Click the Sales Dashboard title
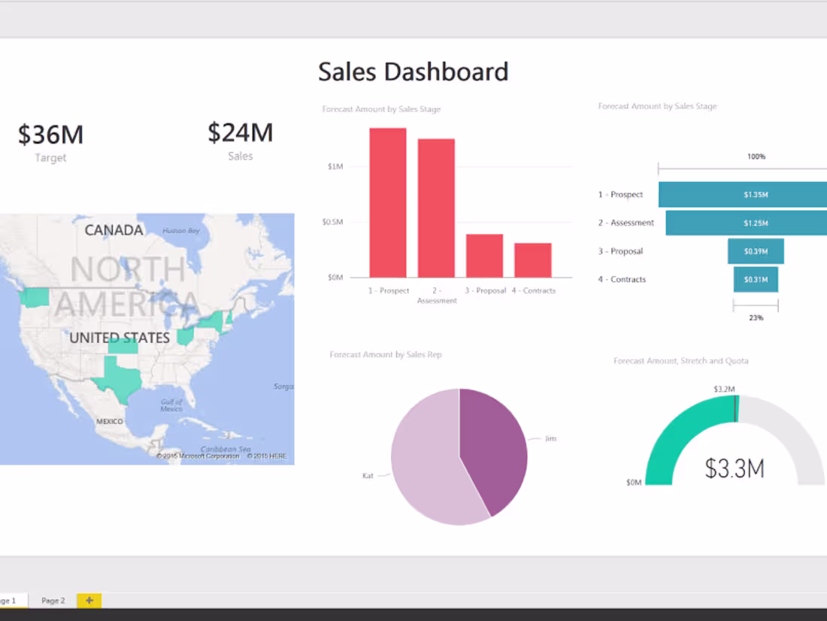[x=413, y=72]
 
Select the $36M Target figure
[x=50, y=135]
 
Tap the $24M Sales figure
[x=240, y=133]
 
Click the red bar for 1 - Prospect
[x=388, y=203]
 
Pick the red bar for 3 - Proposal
[x=484, y=256]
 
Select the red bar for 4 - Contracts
[x=533, y=261]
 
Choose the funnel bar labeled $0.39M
[x=756, y=251]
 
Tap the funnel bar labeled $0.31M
[x=756, y=280]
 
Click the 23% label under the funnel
[x=756, y=318]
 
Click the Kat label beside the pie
[x=368, y=476]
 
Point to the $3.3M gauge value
[x=735, y=469]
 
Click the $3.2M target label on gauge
[x=725, y=389]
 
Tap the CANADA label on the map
[x=114, y=230]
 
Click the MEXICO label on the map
[x=109, y=422]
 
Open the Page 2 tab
[x=53, y=601]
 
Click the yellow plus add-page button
[x=89, y=600]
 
